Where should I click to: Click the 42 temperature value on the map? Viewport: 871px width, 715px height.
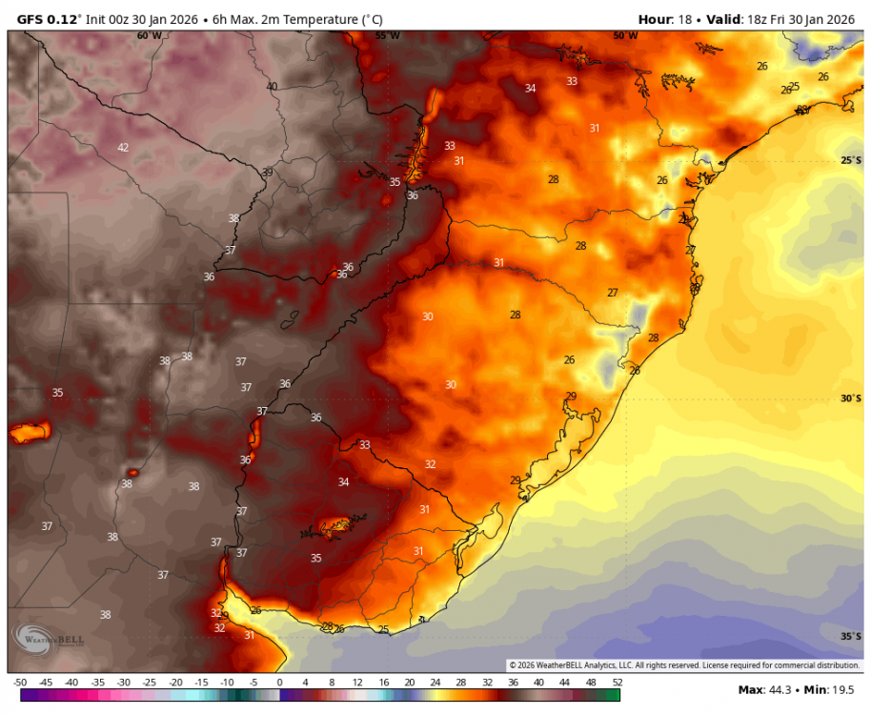coord(123,148)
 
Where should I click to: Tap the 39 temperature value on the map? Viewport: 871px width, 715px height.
coord(267,173)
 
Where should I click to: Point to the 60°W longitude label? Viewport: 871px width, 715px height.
coord(149,36)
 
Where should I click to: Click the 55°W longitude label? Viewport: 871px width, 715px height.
coord(387,36)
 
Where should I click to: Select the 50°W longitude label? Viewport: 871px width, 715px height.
coord(625,36)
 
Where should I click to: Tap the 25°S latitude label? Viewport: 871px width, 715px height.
coord(851,160)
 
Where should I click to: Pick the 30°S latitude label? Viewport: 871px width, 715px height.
coord(851,398)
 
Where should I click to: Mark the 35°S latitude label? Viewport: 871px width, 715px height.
coord(851,637)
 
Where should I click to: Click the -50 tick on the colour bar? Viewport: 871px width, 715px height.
coord(20,683)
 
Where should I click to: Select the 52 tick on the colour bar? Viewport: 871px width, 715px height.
coord(618,683)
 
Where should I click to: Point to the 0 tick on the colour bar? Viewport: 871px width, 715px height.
coord(279,683)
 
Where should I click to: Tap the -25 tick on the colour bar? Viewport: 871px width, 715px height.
coord(150,683)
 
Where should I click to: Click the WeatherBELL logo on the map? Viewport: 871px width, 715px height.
coord(48,639)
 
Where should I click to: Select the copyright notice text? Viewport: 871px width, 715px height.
coord(684,665)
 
